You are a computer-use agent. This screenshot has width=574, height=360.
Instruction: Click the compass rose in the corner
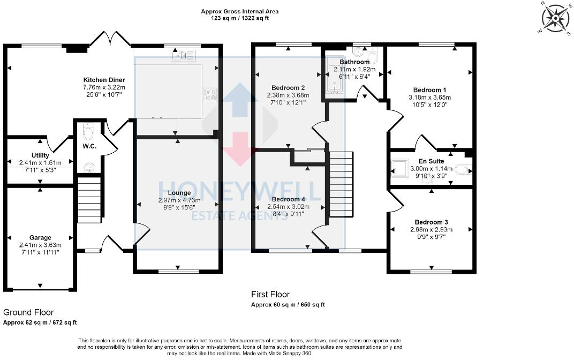point(556,19)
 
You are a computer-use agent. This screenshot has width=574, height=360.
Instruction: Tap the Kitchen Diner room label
point(104,80)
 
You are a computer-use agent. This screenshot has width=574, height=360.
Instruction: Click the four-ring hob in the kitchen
point(210,94)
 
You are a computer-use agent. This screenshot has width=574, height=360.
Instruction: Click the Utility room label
point(40,155)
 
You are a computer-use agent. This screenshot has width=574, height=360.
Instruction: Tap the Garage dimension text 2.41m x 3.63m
point(40,245)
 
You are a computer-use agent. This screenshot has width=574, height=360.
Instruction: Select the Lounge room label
point(179,193)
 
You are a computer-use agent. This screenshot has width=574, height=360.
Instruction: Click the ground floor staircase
point(89,199)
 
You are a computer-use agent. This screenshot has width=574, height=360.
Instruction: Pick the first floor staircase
point(341,184)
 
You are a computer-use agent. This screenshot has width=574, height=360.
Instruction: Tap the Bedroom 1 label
point(429,90)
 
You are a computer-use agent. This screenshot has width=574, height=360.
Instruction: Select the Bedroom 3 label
point(431,222)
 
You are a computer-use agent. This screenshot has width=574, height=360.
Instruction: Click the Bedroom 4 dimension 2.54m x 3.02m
point(288,207)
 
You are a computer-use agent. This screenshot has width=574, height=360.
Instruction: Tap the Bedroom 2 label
point(288,88)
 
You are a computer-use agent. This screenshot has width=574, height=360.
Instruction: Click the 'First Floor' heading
point(270,295)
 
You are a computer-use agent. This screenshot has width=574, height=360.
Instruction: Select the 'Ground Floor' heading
point(28,312)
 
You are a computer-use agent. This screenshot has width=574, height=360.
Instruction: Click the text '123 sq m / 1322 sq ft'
point(240,18)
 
